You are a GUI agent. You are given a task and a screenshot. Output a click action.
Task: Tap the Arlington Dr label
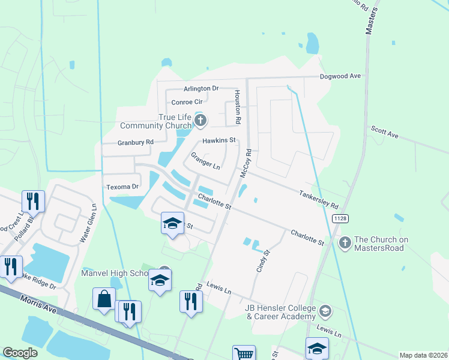click(188, 88)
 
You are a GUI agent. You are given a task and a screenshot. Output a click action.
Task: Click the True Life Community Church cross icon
click(200, 122)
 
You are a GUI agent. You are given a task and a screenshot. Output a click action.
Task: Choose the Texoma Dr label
click(122, 187)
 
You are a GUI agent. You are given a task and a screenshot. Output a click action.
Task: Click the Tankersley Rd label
click(319, 193)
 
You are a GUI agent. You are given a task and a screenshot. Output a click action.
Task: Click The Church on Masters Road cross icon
click(345, 243)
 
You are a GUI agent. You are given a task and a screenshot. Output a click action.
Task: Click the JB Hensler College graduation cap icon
click(325, 310)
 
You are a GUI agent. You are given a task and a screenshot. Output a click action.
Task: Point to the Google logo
click(20, 353)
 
